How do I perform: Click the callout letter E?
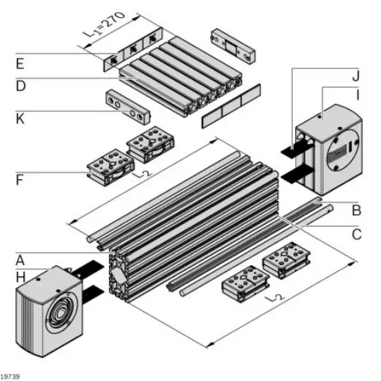pos(20,63)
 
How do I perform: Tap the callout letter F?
pos(20,179)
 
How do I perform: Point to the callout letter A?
pos(20,261)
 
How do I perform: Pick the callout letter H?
pos(20,277)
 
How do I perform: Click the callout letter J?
pos(356,76)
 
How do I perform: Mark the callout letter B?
pos(356,210)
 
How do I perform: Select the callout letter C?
pos(356,235)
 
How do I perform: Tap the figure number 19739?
pos(12,375)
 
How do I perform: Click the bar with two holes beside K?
pos(128,107)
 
